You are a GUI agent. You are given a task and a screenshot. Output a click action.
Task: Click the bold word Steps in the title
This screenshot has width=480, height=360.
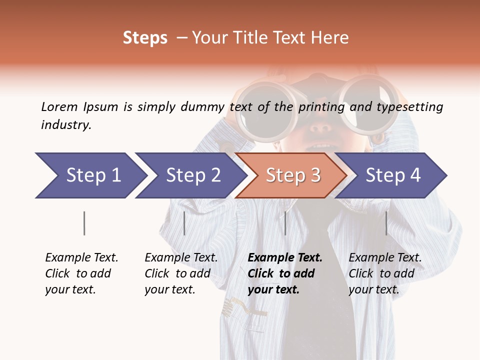click(145, 38)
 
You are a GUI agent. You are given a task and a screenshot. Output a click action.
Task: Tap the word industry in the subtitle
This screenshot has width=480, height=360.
click(65, 124)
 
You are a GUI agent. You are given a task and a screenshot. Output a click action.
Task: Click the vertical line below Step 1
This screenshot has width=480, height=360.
click(84, 223)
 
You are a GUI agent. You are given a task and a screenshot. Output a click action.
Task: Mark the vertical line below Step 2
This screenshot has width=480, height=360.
click(184, 223)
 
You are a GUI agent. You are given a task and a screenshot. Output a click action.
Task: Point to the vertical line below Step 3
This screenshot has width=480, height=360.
click(285, 223)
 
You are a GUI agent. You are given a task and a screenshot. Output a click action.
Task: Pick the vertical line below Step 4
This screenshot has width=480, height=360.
click(386, 223)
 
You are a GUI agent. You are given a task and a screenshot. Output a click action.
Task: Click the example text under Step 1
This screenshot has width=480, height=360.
click(81, 273)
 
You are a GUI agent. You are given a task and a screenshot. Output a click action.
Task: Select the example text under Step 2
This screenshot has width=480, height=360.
click(181, 273)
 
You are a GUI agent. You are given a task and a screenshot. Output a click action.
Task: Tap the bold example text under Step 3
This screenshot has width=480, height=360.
click(284, 273)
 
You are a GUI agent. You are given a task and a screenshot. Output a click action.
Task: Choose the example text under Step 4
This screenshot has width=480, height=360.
click(384, 273)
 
